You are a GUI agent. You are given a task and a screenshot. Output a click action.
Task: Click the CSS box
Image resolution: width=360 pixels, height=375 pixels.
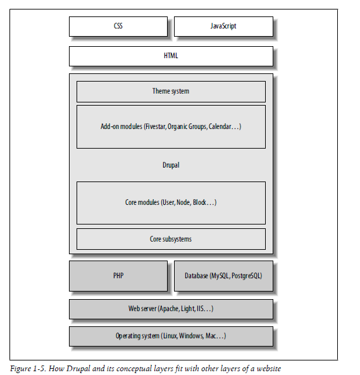point(118,27)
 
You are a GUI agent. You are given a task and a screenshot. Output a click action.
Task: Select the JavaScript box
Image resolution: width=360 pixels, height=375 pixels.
point(223,27)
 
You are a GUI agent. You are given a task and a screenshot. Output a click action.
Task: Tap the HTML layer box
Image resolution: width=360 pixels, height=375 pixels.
point(171,56)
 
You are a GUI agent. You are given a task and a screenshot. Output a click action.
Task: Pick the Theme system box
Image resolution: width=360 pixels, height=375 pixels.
point(171,92)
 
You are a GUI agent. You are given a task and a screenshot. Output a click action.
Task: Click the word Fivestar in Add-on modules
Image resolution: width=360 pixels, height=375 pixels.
point(156,126)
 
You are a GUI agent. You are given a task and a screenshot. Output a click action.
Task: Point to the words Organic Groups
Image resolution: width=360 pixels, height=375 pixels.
point(187,126)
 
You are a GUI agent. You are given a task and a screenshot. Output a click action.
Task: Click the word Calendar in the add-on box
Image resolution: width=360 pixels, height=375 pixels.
point(220,126)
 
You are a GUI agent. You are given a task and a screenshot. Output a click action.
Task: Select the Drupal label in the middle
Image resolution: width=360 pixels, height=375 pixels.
point(171,165)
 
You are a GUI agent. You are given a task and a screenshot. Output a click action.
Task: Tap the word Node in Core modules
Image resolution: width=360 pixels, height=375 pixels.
point(183,202)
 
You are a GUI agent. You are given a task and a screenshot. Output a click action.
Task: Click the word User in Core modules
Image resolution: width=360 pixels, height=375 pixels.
point(169,202)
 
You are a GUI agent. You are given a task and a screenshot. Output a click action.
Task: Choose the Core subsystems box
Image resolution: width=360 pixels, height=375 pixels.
point(171,239)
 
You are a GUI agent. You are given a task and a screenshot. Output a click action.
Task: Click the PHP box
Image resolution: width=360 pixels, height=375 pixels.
point(118,276)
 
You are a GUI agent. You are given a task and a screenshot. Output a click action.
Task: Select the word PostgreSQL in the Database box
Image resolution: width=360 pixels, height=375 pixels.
point(246,276)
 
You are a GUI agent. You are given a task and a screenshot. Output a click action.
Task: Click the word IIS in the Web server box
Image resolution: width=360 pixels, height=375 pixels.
point(200,309)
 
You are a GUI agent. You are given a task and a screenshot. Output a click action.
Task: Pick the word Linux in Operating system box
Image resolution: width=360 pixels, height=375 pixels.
point(170,336)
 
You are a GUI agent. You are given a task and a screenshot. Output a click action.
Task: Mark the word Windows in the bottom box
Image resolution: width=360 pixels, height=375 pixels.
point(191,336)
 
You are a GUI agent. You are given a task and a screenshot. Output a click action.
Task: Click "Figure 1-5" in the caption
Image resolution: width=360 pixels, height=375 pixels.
point(28,369)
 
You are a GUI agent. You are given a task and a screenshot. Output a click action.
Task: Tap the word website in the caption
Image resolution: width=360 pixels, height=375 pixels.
point(269,368)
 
